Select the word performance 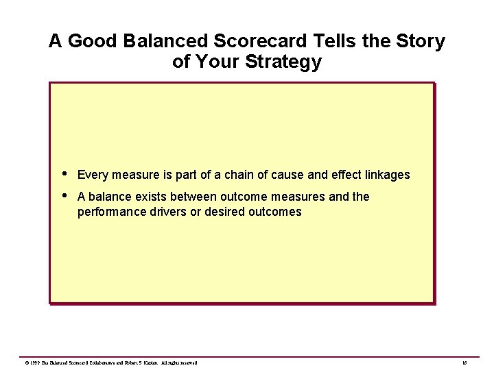[110, 212]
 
